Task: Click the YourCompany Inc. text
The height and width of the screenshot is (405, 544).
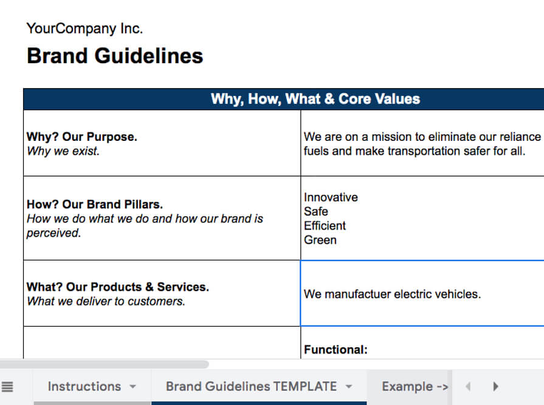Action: pyautogui.click(x=84, y=29)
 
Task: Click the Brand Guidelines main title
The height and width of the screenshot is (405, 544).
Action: pyautogui.click(x=115, y=56)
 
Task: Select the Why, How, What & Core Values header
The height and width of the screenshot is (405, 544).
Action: pyautogui.click(x=315, y=99)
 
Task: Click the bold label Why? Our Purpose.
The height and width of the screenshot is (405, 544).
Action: pyautogui.click(x=82, y=137)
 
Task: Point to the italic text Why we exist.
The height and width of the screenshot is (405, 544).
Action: pyautogui.click(x=63, y=151)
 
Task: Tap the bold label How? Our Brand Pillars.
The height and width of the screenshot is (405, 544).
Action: pyautogui.click(x=95, y=205)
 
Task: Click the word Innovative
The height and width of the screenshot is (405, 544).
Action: pyautogui.click(x=331, y=197)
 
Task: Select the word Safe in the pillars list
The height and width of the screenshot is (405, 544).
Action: pyautogui.click(x=316, y=211)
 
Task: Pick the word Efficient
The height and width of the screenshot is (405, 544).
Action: pyautogui.click(x=325, y=226)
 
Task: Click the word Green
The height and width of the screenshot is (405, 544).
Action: pyautogui.click(x=320, y=240)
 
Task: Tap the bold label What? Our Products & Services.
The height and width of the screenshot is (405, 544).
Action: pyautogui.click(x=118, y=287)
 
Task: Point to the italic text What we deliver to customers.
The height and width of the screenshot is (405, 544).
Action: pyautogui.click(x=106, y=301)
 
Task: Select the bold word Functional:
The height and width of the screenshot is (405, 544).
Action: pyautogui.click(x=336, y=350)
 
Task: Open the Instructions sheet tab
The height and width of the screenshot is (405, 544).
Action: pyautogui.click(x=84, y=386)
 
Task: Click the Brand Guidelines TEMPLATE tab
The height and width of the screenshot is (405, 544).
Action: pyautogui.click(x=251, y=386)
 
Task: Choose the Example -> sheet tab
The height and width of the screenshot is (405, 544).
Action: pyautogui.click(x=415, y=386)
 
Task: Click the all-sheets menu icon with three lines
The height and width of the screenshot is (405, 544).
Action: pyautogui.click(x=7, y=386)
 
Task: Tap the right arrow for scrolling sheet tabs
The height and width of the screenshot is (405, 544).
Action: pyautogui.click(x=496, y=386)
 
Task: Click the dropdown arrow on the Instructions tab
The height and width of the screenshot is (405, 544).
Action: pyautogui.click(x=133, y=387)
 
